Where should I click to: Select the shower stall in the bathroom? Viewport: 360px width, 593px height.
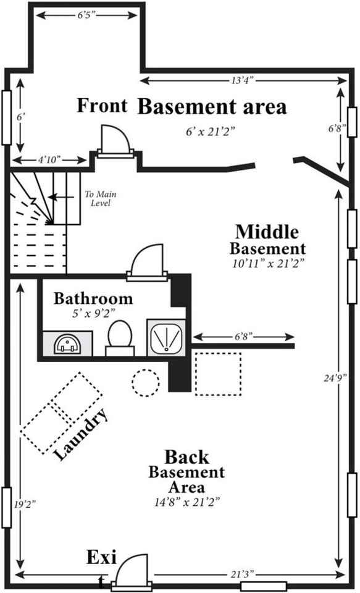pyautogui.click(x=166, y=337)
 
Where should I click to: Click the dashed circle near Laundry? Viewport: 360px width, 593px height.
pyautogui.click(x=146, y=383)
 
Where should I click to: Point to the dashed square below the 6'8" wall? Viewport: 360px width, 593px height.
pyautogui.click(x=218, y=374)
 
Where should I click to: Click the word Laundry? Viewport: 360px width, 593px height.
pyautogui.click(x=82, y=435)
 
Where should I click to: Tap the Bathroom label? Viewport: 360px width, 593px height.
pyautogui.click(x=93, y=299)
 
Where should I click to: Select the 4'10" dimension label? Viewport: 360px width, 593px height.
pyautogui.click(x=49, y=159)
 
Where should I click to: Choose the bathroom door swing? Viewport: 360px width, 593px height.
pyautogui.click(x=147, y=259)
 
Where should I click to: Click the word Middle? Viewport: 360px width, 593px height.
pyautogui.click(x=267, y=232)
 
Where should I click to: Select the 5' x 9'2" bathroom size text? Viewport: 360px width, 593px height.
pyautogui.click(x=93, y=314)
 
